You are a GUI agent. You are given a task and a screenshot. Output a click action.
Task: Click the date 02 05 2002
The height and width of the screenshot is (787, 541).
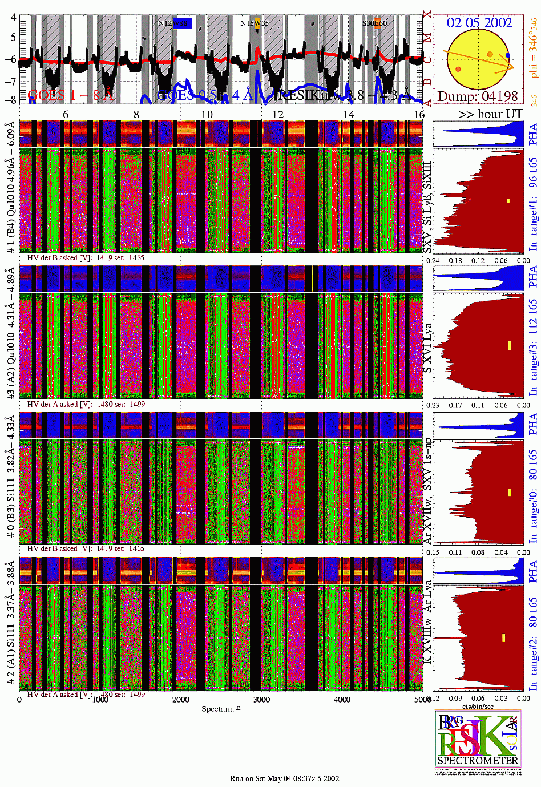click(479, 23)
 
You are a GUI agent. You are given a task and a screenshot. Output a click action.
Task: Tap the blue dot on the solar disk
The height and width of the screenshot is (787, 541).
click(508, 56)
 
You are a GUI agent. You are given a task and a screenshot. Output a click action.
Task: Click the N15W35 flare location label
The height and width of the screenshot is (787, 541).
click(254, 23)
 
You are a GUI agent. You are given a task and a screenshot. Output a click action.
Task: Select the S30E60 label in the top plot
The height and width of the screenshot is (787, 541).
click(375, 23)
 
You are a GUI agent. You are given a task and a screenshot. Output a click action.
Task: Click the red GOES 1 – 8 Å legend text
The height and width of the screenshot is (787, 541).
click(71, 95)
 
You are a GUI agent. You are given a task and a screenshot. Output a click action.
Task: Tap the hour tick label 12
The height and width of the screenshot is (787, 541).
click(278, 114)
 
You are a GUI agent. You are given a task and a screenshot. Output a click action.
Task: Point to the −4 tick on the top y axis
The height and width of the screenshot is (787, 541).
click(10, 17)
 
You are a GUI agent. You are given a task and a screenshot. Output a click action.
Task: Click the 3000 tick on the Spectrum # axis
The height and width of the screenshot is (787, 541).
click(261, 700)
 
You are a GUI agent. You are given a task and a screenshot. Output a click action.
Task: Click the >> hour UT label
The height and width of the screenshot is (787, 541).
click(490, 114)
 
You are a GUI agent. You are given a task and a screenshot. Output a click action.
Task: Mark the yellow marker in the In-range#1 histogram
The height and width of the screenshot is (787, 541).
click(507, 201)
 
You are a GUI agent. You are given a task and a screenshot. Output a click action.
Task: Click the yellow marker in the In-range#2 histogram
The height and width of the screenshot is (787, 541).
click(503, 637)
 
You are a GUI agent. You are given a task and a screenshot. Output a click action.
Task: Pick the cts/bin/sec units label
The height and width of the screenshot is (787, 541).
click(478, 707)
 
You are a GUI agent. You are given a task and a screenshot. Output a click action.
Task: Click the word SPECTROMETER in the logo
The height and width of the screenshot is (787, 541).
click(478, 760)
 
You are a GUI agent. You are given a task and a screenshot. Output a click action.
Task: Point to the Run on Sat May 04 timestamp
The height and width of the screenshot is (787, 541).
click(284, 778)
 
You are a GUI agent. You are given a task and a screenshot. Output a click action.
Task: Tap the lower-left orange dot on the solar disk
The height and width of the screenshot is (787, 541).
click(458, 69)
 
